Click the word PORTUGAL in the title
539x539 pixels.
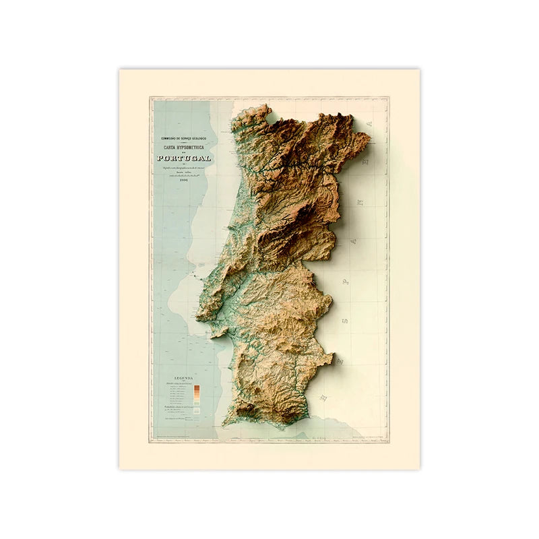coord(184,158)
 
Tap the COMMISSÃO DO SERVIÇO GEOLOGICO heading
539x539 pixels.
coord(184,138)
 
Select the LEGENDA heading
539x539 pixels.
coord(184,378)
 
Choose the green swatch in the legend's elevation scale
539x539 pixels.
coord(195,403)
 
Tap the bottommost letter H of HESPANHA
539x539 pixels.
coord(325,398)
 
